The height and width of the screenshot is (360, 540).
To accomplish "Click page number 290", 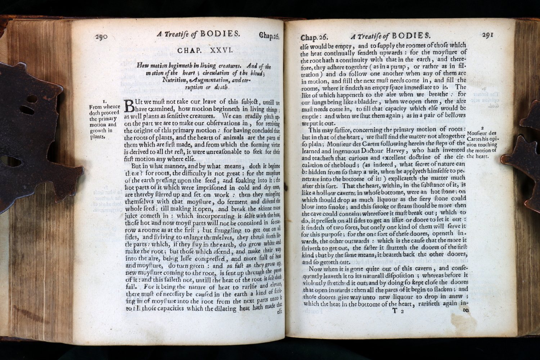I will [101, 36].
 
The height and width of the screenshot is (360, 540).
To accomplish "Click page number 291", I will [487, 35].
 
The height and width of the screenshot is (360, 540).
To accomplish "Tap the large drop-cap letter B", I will [129, 106].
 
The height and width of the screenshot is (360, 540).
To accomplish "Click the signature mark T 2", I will [398, 311].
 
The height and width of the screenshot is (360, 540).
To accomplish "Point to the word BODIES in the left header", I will [220, 34].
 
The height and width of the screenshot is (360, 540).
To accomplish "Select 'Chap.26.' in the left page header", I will [269, 36].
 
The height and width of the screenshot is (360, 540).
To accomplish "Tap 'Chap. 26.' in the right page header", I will [314, 37].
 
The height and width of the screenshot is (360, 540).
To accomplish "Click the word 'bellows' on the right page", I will [455, 115].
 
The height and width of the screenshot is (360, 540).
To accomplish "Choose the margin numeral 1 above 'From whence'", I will [104, 102].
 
